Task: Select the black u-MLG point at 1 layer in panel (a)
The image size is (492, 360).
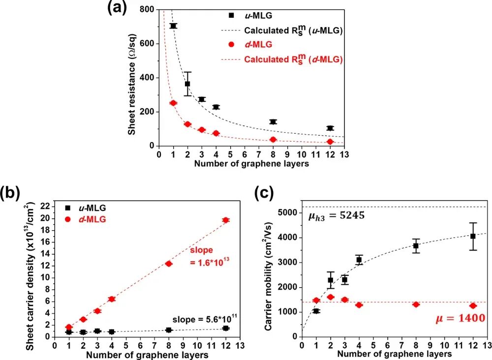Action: click(x=173, y=26)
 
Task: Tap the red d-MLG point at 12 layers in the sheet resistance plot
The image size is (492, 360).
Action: click(x=330, y=142)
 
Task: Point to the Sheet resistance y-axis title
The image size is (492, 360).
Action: click(x=132, y=78)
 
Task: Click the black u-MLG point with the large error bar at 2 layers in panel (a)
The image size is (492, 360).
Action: click(x=187, y=84)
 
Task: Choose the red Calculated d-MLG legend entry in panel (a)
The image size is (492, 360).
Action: click(x=293, y=59)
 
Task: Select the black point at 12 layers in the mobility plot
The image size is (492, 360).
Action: click(x=473, y=236)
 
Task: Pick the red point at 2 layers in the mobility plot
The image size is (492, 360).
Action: click(x=330, y=297)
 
